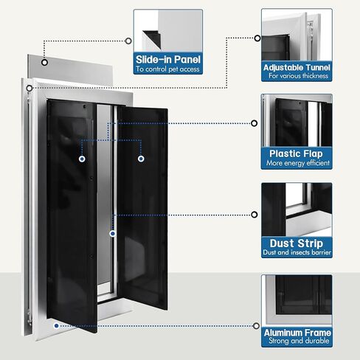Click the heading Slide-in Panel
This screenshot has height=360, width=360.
pyautogui.click(x=168, y=60)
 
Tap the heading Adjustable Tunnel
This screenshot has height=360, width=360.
pyautogui.click(x=297, y=67)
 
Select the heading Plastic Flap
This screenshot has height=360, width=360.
pyautogui.click(x=296, y=153)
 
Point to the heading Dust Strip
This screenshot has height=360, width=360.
pyautogui.click(x=297, y=243)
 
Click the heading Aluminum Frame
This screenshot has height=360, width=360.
pyautogui.click(x=297, y=333)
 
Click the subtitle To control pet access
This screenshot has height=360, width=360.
pyautogui.click(x=167, y=69)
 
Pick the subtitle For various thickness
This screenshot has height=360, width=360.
pyautogui.click(x=298, y=76)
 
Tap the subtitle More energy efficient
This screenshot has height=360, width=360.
pyautogui.click(x=298, y=163)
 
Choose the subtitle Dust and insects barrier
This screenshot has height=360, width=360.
pyautogui.click(x=297, y=252)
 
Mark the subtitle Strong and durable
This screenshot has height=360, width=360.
pyautogui.click(x=299, y=341)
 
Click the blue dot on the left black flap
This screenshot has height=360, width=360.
pyautogui.click(x=82, y=159)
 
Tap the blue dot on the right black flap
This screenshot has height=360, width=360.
pyautogui.click(x=141, y=159)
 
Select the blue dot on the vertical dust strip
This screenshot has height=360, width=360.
pyautogui.click(x=113, y=233)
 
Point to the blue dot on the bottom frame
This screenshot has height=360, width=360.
pyautogui.click(x=57, y=326)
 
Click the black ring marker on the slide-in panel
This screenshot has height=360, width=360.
pyautogui.click(x=44, y=63)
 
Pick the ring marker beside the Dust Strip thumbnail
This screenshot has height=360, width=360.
pyautogui.click(x=255, y=215)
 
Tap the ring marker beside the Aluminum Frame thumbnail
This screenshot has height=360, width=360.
pyautogui.click(x=256, y=326)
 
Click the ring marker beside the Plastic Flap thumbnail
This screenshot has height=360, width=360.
pyautogui.click(x=255, y=123)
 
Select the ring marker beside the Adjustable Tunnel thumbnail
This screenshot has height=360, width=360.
pyautogui.click(x=257, y=38)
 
